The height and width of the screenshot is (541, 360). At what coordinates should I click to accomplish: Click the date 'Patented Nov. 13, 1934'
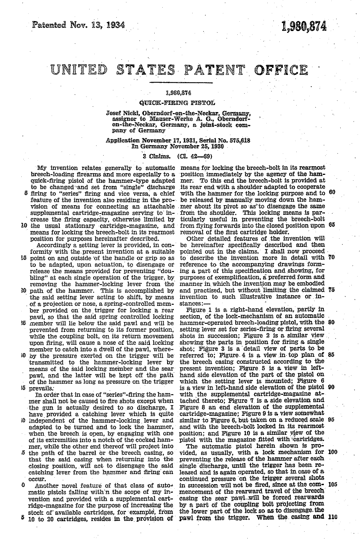[x=78, y=25]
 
